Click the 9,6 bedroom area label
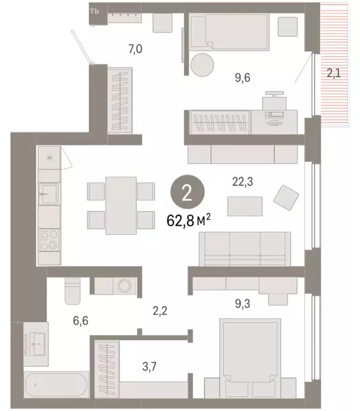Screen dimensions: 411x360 (242, 78)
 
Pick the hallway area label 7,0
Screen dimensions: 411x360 (121, 49)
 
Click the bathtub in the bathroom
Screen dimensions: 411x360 (56, 384)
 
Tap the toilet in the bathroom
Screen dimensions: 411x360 (72, 291)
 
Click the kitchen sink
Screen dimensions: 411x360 (48, 193)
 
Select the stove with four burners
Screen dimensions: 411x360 (48, 239)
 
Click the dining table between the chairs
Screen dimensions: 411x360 (121, 205)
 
